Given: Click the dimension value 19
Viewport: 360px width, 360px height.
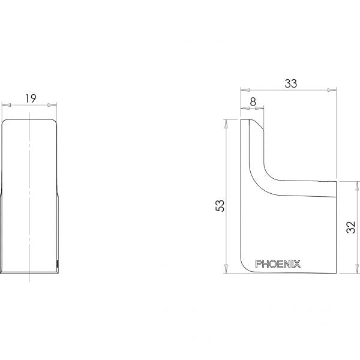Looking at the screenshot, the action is [31, 98].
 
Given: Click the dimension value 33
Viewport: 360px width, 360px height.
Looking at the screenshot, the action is [290, 83].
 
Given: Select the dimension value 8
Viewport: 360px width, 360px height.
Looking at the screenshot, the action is [253, 102].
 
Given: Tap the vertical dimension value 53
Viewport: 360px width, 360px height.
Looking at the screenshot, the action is [220, 206].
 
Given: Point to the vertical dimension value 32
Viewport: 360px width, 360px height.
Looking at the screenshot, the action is [350, 227].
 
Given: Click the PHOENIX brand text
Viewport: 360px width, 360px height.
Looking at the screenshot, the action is [278, 264].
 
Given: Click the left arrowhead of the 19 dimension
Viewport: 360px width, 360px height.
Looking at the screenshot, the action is [6, 105].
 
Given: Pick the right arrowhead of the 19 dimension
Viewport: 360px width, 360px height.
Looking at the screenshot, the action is [52, 105].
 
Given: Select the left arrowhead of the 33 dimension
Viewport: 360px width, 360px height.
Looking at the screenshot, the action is [245, 90].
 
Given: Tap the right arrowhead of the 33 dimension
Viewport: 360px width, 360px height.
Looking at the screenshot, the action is [332, 90].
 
